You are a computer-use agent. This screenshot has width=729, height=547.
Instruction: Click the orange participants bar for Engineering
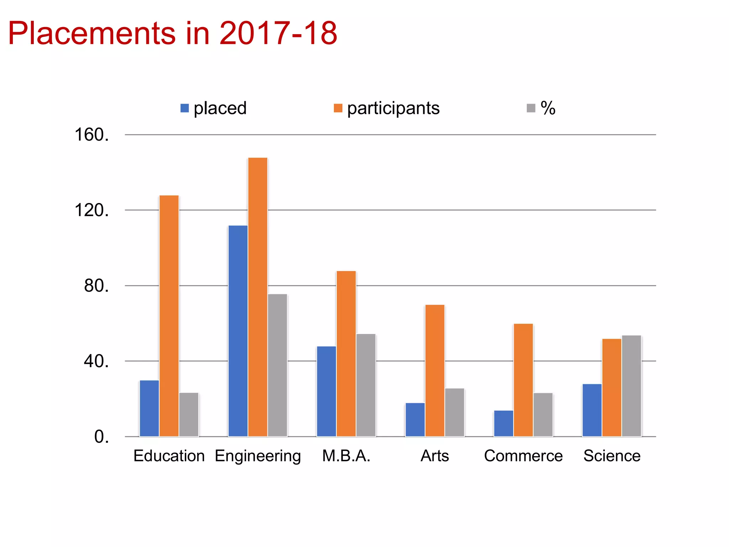[x=258, y=297]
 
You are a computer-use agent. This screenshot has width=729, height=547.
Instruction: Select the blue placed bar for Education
[x=149, y=408]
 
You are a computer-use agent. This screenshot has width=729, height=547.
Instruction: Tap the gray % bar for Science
[x=631, y=386]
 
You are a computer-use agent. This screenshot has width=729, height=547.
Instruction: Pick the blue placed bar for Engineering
[x=238, y=331]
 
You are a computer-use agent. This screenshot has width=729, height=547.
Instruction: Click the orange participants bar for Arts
[x=435, y=370]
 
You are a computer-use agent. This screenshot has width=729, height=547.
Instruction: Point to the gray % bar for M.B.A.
[x=366, y=385]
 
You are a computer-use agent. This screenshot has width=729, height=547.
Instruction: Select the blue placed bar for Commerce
[x=503, y=423]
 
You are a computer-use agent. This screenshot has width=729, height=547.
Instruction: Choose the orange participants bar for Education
[x=169, y=316]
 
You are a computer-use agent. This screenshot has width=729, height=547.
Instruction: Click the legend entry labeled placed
[x=214, y=108]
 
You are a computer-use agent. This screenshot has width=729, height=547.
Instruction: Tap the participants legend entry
[x=387, y=108]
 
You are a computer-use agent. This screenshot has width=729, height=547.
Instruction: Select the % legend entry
[x=541, y=108]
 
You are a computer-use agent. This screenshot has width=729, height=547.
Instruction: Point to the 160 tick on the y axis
[x=91, y=135]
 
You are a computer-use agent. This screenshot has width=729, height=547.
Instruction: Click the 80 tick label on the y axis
[x=96, y=286]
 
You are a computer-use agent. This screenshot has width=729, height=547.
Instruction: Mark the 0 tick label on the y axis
[x=101, y=437]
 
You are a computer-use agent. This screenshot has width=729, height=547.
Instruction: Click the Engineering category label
[x=258, y=456]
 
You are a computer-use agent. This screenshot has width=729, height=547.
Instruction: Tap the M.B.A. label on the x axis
[x=346, y=456]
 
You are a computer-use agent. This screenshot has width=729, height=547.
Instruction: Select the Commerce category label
[x=523, y=456]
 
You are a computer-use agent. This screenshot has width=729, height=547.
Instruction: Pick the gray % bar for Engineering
[x=278, y=365]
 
